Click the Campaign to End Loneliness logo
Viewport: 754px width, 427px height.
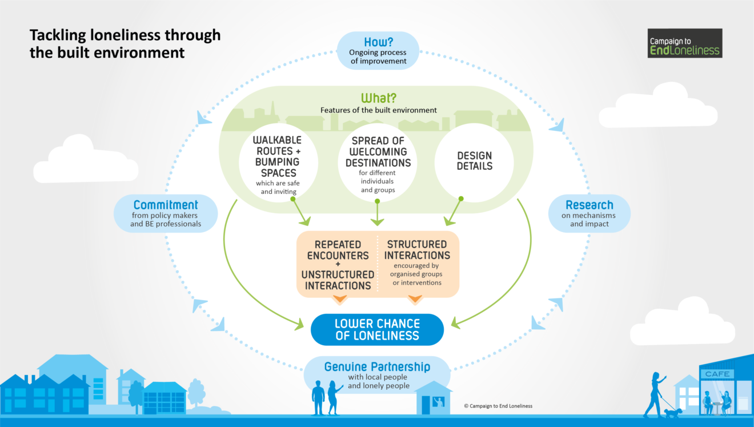click(685, 43)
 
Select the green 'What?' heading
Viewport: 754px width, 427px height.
click(378, 98)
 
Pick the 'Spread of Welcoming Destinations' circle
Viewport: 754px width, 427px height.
click(379, 162)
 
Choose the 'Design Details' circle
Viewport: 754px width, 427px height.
click(474, 161)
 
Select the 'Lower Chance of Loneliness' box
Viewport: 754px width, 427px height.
click(377, 330)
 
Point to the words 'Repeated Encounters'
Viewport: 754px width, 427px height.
click(338, 250)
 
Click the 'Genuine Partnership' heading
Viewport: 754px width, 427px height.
click(377, 366)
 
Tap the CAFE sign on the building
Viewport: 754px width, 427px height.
click(717, 374)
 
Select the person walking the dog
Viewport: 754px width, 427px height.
click(654, 394)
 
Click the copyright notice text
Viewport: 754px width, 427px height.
click(498, 406)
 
